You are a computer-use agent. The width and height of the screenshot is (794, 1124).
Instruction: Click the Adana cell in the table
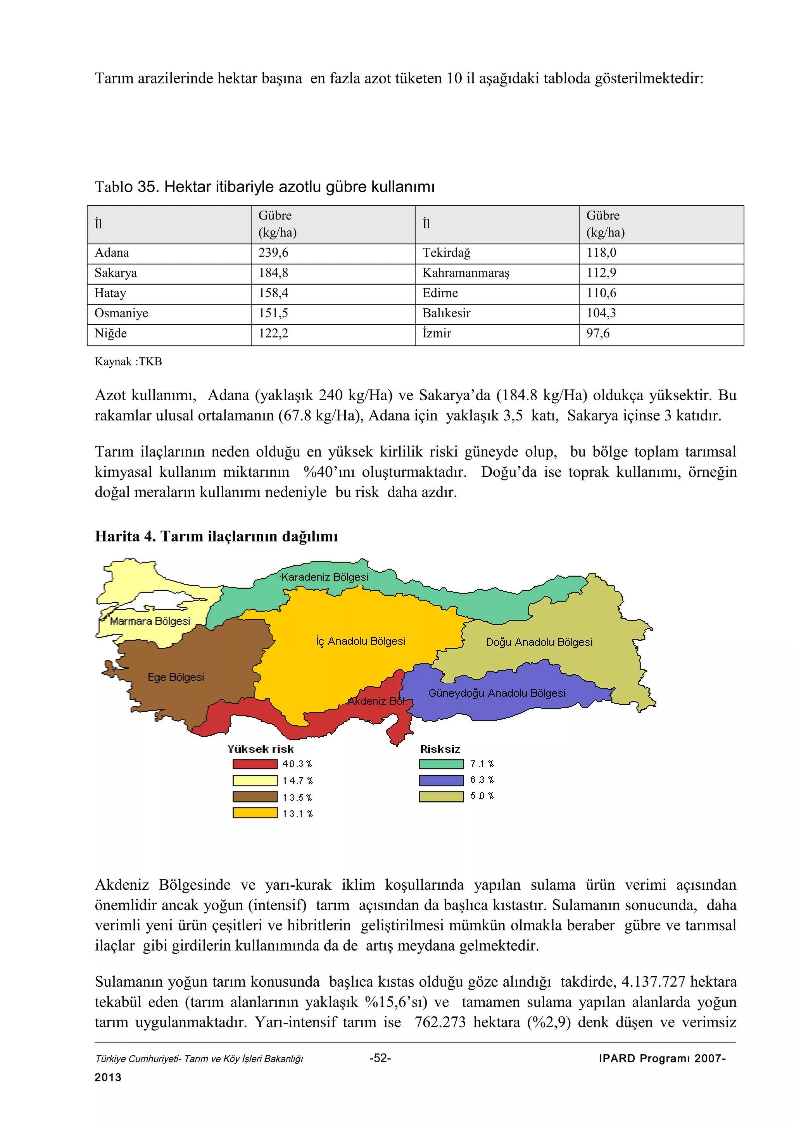112,253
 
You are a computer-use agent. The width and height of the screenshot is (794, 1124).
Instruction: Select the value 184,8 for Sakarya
273,273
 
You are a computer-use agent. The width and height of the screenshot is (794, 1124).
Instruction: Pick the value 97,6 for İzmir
598,334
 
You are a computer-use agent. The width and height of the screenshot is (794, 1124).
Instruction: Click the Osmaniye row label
121,313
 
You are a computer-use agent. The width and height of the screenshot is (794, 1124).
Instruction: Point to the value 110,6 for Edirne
601,293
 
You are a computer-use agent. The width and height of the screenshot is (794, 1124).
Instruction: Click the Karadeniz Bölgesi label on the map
325,577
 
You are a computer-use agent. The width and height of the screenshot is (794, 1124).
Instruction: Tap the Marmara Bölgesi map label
150,621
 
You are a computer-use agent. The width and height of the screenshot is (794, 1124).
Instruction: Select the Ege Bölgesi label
176,677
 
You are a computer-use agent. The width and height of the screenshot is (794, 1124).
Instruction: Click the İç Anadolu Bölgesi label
361,641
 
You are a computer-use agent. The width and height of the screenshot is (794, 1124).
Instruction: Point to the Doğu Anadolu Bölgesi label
539,642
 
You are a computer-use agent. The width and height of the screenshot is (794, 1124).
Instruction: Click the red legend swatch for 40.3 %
255,764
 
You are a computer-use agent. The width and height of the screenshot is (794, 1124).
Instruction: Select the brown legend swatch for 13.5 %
255,797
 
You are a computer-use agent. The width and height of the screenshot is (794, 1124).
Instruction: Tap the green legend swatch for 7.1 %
441,764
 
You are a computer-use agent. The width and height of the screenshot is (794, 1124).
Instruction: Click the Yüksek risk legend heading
260,749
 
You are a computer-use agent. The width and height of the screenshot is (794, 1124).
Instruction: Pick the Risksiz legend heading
440,749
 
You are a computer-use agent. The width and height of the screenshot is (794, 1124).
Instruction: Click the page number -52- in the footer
380,1058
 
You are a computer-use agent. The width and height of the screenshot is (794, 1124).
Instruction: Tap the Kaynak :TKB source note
128,362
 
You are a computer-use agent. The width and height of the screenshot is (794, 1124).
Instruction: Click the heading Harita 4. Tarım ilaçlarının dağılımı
216,536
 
